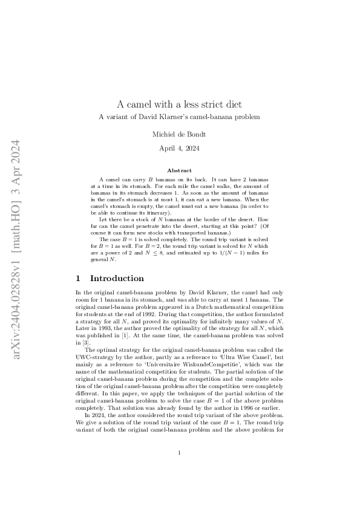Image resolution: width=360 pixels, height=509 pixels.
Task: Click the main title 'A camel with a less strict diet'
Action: [180, 103]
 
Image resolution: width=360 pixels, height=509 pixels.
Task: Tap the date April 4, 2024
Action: [180, 148]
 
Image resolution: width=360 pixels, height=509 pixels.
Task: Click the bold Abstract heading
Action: [180, 171]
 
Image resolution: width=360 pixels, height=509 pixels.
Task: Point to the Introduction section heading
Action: [117, 279]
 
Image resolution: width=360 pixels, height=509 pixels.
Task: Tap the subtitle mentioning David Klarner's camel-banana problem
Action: [180, 115]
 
